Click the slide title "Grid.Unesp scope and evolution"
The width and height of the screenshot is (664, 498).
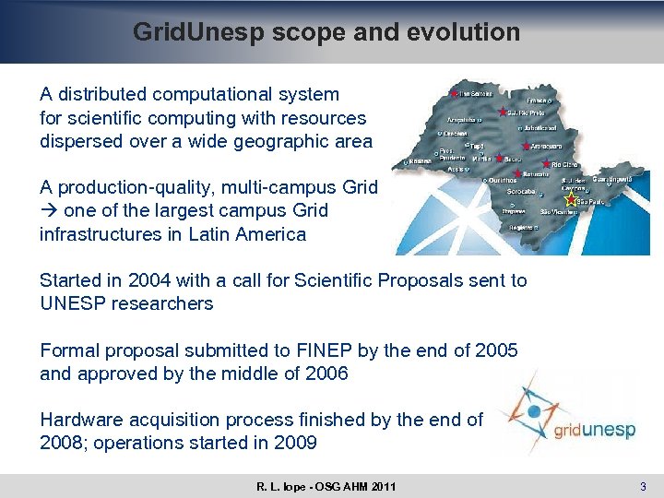tap(326, 32)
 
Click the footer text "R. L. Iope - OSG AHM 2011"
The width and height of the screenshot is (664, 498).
tap(326, 486)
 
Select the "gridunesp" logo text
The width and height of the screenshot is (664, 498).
tap(595, 429)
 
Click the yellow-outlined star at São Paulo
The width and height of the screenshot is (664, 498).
tap(570, 199)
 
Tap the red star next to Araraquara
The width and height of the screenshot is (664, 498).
tap(525, 146)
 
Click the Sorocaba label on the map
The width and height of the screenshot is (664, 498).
tap(495, 192)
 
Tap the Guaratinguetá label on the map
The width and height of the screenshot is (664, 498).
tap(611, 178)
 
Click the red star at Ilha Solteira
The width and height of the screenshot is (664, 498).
tap(454, 94)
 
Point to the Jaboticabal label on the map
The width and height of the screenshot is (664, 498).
tap(540, 127)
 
